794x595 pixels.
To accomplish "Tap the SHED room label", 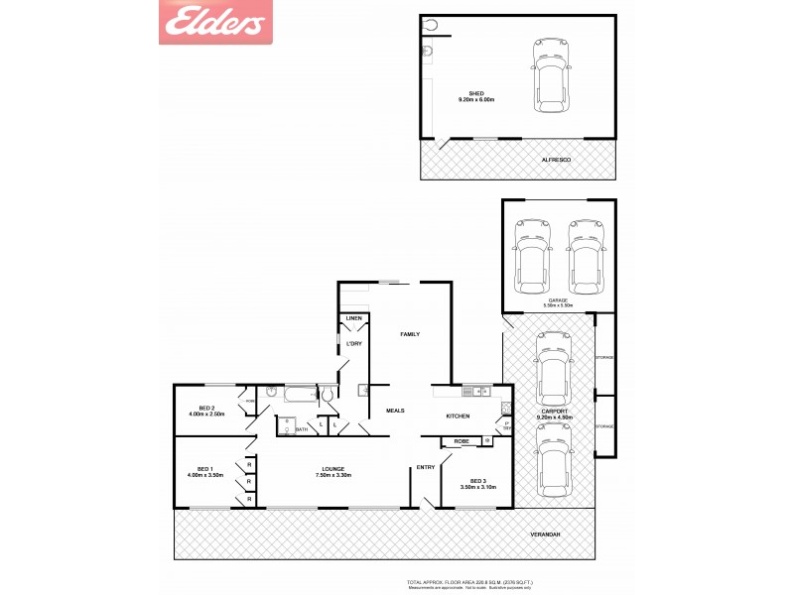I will (475, 93).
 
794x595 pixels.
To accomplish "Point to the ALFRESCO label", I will (555, 160).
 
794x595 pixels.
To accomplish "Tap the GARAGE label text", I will (558, 299).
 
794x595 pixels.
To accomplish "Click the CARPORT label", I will (555, 411).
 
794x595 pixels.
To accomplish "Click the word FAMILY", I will (409, 334).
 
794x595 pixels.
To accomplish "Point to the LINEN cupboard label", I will (353, 317).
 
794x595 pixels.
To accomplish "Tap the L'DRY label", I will (354, 344).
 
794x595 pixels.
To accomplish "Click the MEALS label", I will (395, 410).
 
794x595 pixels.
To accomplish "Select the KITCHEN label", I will (457, 416).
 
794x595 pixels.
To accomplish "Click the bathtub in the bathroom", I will (296, 395).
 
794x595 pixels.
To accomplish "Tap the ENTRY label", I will (426, 467).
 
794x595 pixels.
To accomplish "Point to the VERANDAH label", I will (545, 535).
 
